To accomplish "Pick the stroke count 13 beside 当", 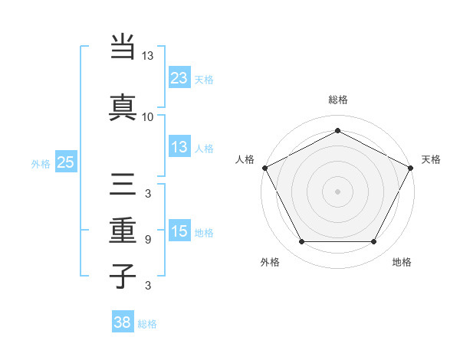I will pyautogui.click(x=148, y=57).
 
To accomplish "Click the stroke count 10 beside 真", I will pyautogui.click(x=148, y=116).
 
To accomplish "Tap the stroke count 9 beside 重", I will pyautogui.click(x=147, y=239).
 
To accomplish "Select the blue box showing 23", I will pyautogui.click(x=179, y=77).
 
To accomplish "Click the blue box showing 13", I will pyautogui.click(x=179, y=147).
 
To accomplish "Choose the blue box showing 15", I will pyautogui.click(x=179, y=231).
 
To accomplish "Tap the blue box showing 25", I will pyautogui.click(x=65, y=162).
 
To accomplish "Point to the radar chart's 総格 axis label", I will pyautogui.click(x=338, y=100).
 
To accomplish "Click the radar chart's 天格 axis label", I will pyautogui.click(x=431, y=159).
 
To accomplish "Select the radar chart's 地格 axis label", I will pyautogui.click(x=402, y=262).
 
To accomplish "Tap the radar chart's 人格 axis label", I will pyautogui.click(x=245, y=159).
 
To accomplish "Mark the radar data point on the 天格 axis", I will pyautogui.click(x=412, y=167).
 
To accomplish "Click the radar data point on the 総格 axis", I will pyautogui.click(x=337, y=131).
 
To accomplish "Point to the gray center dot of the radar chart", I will pyautogui.click(x=337, y=191).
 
